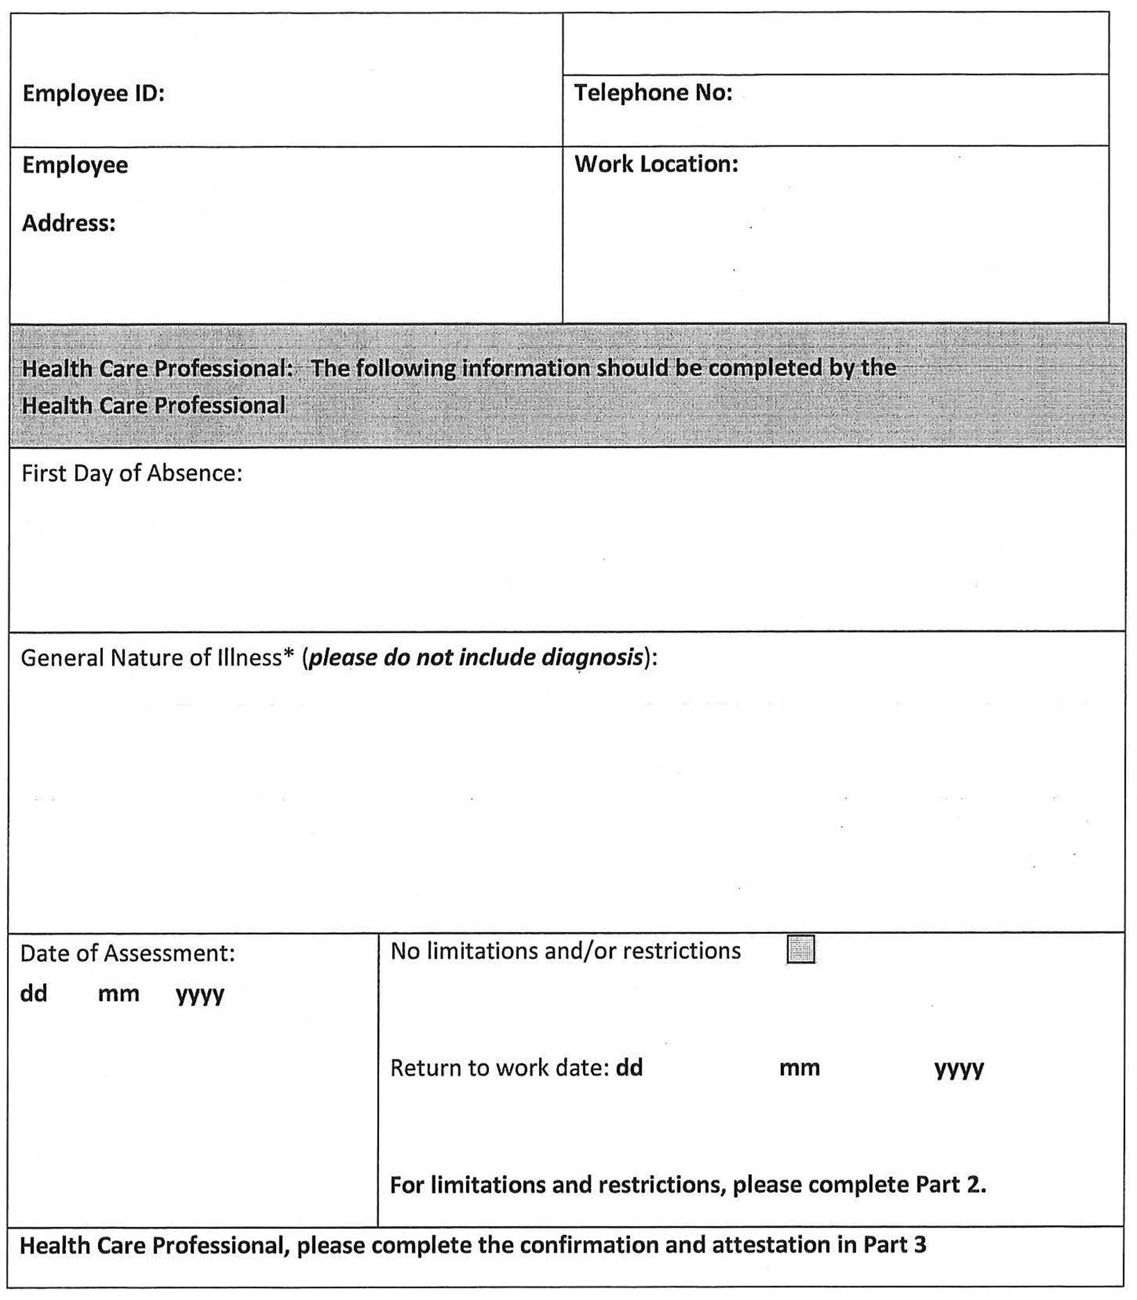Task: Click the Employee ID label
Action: (x=93, y=93)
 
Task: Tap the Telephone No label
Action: (x=653, y=93)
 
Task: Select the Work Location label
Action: (x=656, y=164)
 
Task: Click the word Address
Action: (x=69, y=223)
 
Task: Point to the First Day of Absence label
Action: (x=131, y=474)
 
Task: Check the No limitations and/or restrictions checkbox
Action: (x=800, y=949)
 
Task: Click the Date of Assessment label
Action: (x=127, y=953)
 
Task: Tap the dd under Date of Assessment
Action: (x=33, y=993)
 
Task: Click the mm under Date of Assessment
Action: (x=118, y=993)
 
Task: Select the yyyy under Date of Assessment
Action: (x=200, y=995)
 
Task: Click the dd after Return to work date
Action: (x=629, y=1068)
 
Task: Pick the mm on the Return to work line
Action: (x=799, y=1068)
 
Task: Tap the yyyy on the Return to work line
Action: (x=959, y=1069)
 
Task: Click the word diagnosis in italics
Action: (x=592, y=658)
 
